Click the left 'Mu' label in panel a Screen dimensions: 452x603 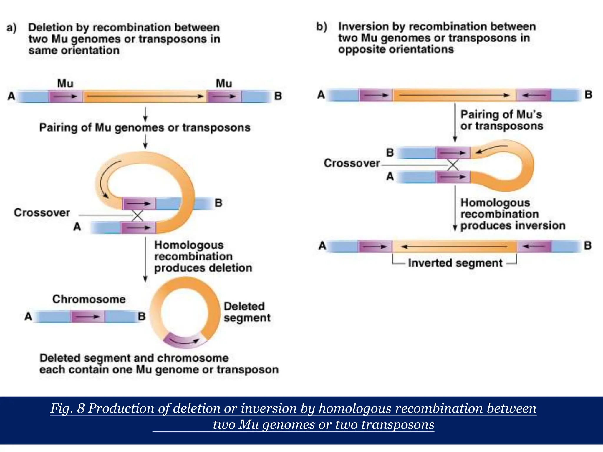65,84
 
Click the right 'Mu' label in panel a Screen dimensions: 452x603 224,84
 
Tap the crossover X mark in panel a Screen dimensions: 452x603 138,215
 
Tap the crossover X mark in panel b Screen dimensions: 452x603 453,165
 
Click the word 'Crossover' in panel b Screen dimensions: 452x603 352,163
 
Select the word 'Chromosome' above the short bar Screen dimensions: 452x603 89,299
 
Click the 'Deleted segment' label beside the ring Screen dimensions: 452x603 247,312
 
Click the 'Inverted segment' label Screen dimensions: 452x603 455,263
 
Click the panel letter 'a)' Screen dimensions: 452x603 12,28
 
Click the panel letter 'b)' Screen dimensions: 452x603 322,27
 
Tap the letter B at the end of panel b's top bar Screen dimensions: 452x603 588,95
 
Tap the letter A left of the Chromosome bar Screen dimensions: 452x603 28,317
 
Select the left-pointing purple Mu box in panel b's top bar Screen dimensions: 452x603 534,95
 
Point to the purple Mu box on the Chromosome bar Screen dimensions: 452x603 87,317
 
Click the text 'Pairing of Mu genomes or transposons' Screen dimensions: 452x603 145,128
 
